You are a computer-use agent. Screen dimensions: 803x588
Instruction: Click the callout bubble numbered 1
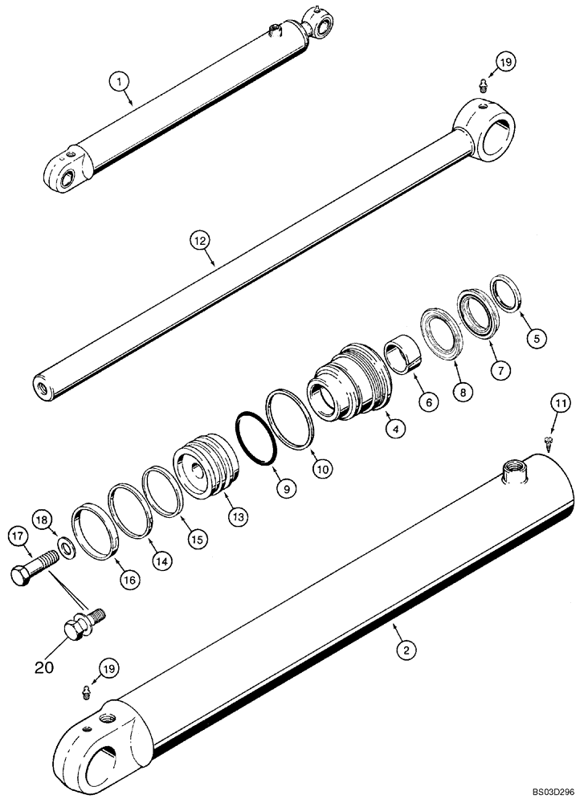point(119,80)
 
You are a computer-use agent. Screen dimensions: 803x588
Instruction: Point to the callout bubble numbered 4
point(394,428)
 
